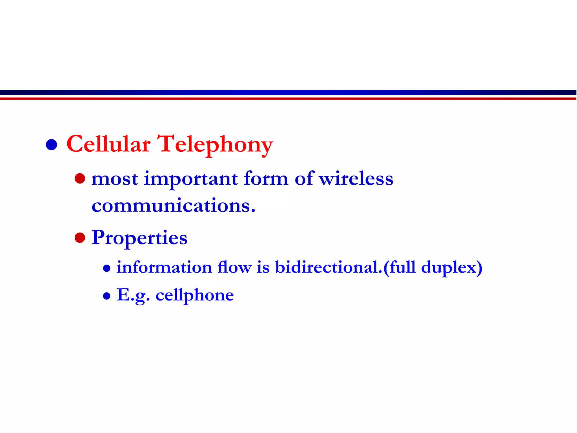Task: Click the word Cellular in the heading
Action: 108,144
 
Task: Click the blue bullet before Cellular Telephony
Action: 52,145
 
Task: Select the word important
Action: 191,179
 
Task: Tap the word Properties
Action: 139,238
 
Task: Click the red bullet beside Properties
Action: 80,238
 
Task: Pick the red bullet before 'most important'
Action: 80,178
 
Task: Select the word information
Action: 164,267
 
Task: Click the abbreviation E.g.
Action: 133,295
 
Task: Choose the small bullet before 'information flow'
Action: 106,268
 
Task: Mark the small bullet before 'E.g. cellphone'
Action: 106,296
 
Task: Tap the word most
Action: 115,179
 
